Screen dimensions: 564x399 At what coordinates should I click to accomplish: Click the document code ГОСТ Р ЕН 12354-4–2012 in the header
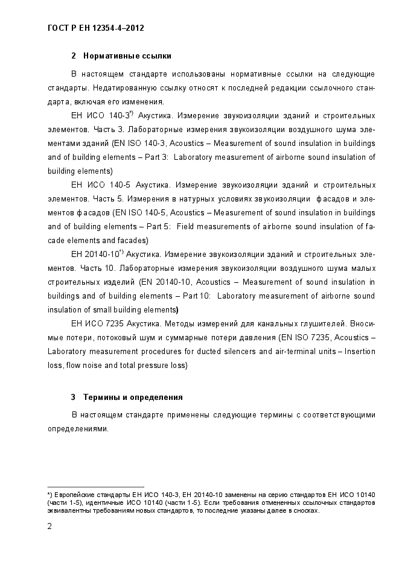[95, 28]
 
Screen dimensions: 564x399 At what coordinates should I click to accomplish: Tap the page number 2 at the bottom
[49, 525]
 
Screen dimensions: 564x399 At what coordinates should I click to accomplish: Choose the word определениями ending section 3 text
[78, 429]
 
